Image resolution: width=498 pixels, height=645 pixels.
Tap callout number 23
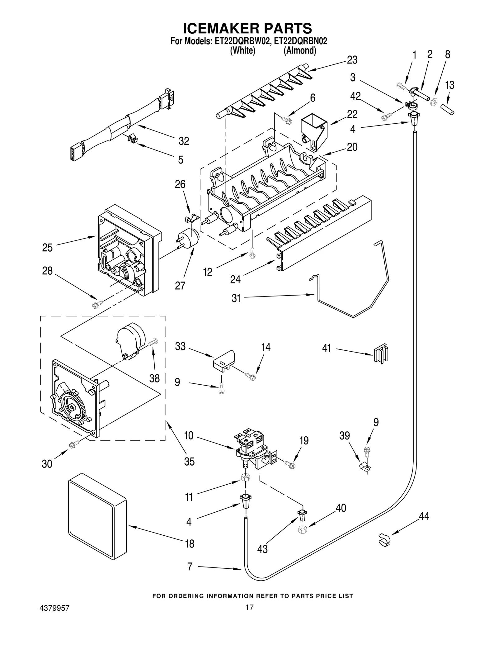352,60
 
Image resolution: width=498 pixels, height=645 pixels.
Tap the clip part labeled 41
381,353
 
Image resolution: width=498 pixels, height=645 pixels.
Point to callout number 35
189,461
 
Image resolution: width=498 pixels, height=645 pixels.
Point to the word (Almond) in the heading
300,50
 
